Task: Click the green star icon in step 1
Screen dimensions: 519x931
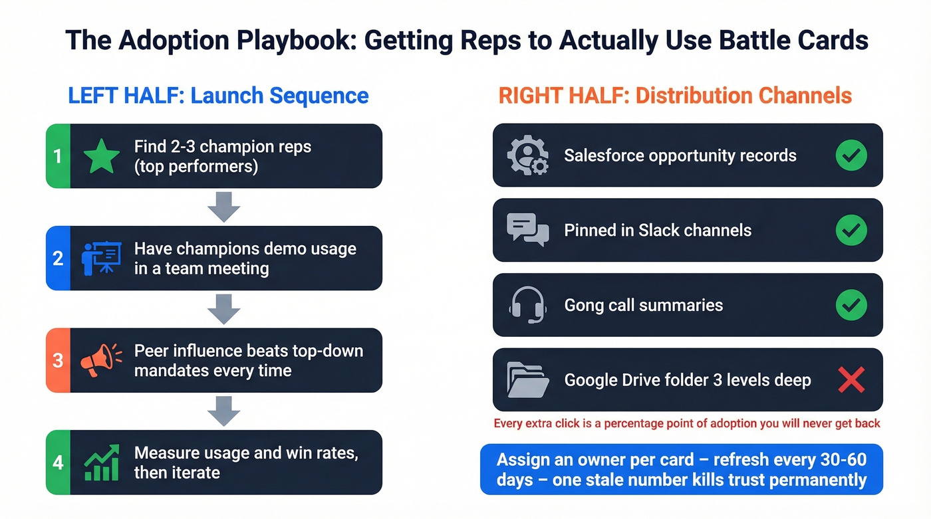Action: pyautogui.click(x=102, y=156)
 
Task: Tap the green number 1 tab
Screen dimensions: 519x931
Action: pyautogui.click(x=58, y=156)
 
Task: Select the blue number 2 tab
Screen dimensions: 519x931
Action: pyautogui.click(x=58, y=258)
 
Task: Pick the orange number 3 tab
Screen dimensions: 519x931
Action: pyautogui.click(x=58, y=360)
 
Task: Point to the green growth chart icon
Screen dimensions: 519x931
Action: pyautogui.click(x=101, y=463)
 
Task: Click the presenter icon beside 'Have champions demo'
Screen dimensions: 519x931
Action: pyautogui.click(x=101, y=258)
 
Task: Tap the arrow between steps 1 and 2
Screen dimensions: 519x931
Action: pyautogui.click(x=223, y=207)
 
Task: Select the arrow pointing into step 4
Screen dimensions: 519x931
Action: pyautogui.click(x=223, y=411)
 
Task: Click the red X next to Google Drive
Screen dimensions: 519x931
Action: pyautogui.click(x=851, y=380)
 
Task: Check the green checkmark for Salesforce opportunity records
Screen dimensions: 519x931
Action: pyautogui.click(x=851, y=156)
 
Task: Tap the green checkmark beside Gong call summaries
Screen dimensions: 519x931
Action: pyautogui.click(x=851, y=305)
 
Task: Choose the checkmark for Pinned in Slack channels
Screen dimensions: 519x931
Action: pyautogui.click(x=851, y=231)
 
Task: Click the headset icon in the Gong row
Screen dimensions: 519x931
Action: pyautogui.click(x=528, y=305)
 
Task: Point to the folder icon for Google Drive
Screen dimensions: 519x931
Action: pyautogui.click(x=528, y=380)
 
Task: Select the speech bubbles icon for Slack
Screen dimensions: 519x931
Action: pyautogui.click(x=528, y=230)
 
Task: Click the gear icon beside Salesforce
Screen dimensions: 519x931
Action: pyautogui.click(x=528, y=156)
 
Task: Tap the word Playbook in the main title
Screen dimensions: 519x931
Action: pyautogui.click(x=281, y=41)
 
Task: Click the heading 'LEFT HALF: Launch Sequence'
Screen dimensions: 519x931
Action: pyautogui.click(x=218, y=96)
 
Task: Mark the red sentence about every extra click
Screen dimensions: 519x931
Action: pyautogui.click(x=687, y=423)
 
